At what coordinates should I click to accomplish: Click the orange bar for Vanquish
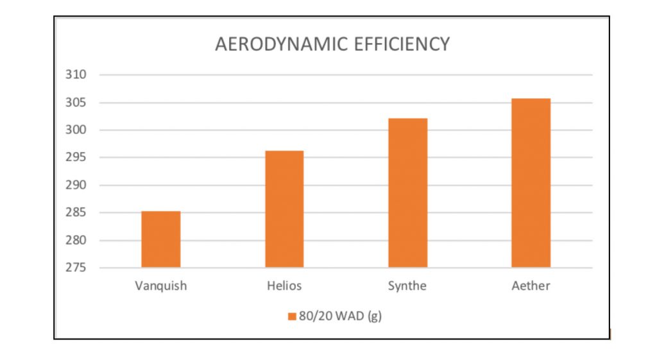coord(161,239)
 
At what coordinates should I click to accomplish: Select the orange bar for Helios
coord(284,209)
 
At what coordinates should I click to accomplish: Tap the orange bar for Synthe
coord(407,193)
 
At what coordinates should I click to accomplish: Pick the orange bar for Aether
coord(531,183)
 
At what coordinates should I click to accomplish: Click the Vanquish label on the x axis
coord(161,286)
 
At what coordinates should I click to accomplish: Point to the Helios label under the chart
coord(284,286)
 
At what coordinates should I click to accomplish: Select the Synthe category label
coord(407,286)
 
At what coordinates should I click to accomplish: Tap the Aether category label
coord(531,286)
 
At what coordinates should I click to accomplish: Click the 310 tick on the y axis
coord(75,75)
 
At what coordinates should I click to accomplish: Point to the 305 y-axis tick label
coord(75,103)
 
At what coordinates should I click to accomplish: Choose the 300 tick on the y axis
coord(75,130)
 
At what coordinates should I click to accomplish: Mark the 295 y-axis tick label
coord(75,158)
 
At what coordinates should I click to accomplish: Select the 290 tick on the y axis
coord(75,185)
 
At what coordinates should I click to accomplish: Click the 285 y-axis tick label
coord(75,213)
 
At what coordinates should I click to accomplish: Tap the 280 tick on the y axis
coord(75,241)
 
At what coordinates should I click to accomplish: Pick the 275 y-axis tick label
coord(75,268)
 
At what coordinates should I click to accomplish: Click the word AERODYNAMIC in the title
coord(283,44)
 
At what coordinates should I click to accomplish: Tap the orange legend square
coord(291,316)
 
